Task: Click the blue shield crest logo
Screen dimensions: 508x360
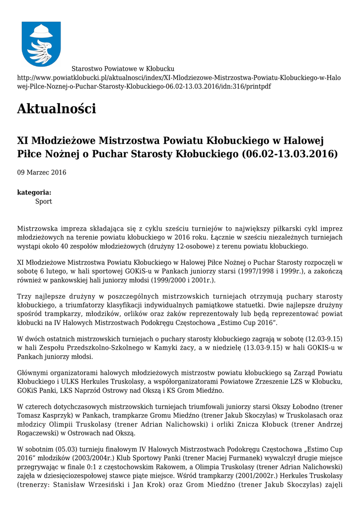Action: (x=41, y=44)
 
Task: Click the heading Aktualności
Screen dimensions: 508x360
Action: (x=57, y=108)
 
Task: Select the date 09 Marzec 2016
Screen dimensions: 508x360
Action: (x=42, y=173)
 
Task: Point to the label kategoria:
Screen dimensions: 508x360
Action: (x=34, y=192)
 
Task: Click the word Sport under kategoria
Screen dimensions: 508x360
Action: (x=44, y=202)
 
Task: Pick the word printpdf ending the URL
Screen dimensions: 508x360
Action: (x=258, y=86)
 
